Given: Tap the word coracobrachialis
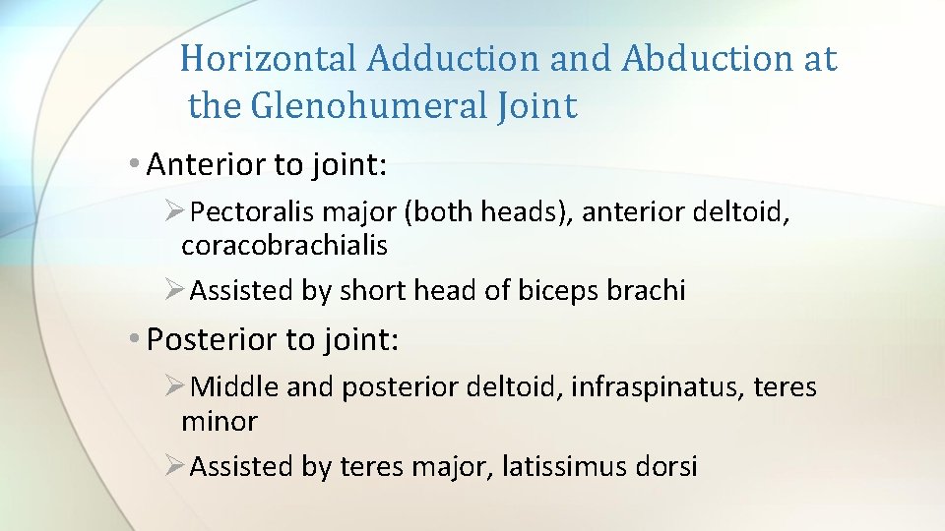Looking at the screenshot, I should pyautogui.click(x=284, y=246).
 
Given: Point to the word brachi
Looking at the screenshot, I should pyautogui.click(x=651, y=291).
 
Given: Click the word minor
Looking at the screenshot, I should pyautogui.click(x=220, y=422).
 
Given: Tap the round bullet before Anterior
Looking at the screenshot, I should pyautogui.click(x=134, y=165).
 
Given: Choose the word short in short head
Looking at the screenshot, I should pyautogui.click(x=368, y=291).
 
